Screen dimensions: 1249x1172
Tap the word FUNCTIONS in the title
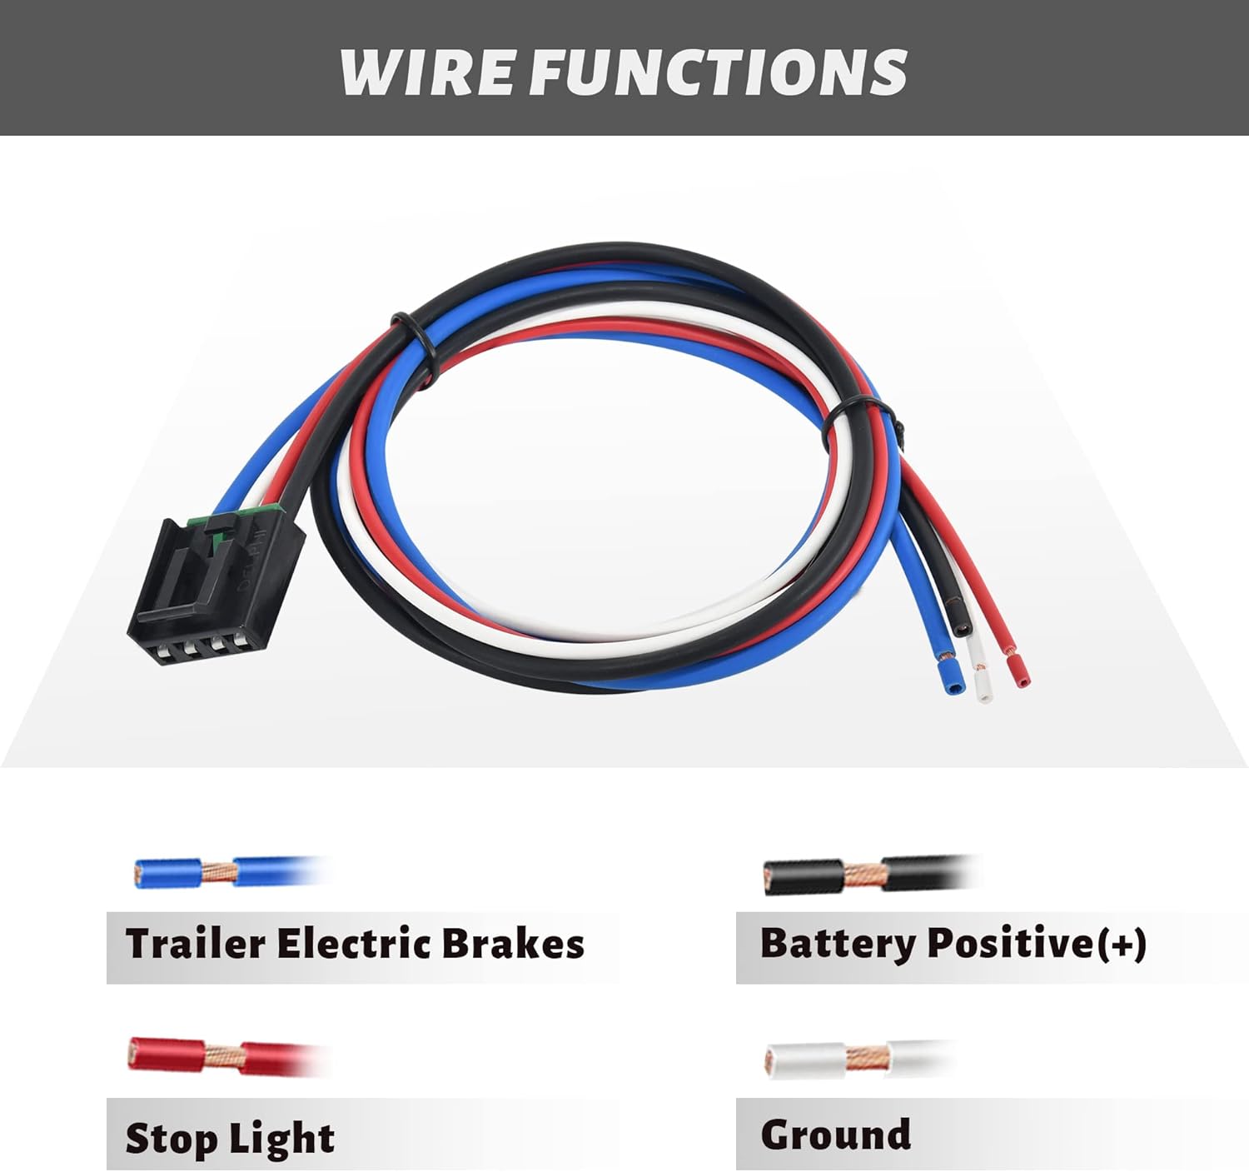718,72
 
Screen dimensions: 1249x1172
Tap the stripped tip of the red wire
1018,671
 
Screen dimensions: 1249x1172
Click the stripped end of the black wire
963,622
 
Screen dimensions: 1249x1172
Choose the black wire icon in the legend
870,875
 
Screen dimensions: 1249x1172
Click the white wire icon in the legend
858,1059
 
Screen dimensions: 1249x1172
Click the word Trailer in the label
196,944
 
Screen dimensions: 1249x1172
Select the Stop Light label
230,1139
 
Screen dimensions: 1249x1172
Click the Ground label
835,1135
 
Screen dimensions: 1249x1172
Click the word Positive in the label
1009,944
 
